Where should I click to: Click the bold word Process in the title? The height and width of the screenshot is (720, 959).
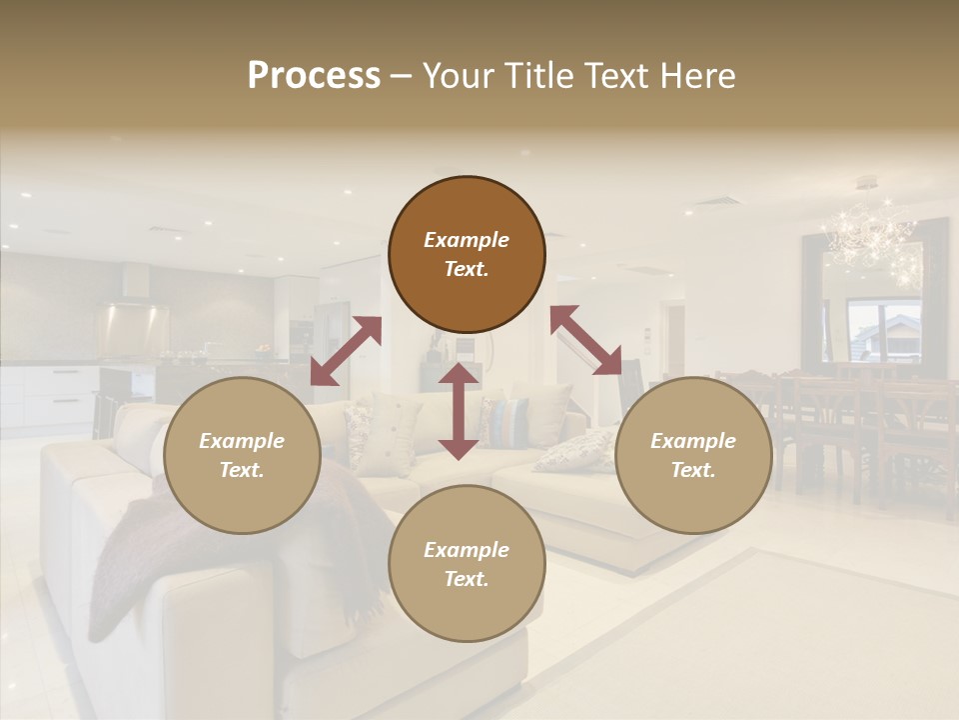(x=314, y=76)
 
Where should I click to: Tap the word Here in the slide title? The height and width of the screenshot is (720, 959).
(x=697, y=76)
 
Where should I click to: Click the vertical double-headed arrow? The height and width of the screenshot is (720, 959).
(x=459, y=411)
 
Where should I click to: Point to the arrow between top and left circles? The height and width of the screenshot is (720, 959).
(x=346, y=351)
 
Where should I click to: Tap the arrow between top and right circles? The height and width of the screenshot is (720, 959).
(x=586, y=340)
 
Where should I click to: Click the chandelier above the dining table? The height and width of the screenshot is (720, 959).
(x=871, y=236)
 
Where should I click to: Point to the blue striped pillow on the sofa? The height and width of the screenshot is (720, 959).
(x=509, y=421)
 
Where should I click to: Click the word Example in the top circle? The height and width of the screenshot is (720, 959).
(x=467, y=240)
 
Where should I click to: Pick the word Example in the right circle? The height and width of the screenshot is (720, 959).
(x=693, y=441)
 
